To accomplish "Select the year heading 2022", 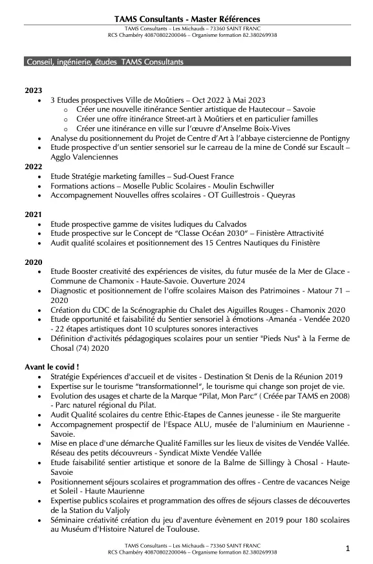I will click(34, 166).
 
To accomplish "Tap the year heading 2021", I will click(34, 214).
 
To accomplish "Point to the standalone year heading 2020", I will click(34, 262).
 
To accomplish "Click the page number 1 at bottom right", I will click(348, 549).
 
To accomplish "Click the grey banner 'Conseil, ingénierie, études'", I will click(104, 62).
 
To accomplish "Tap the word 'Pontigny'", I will click(332, 138).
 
